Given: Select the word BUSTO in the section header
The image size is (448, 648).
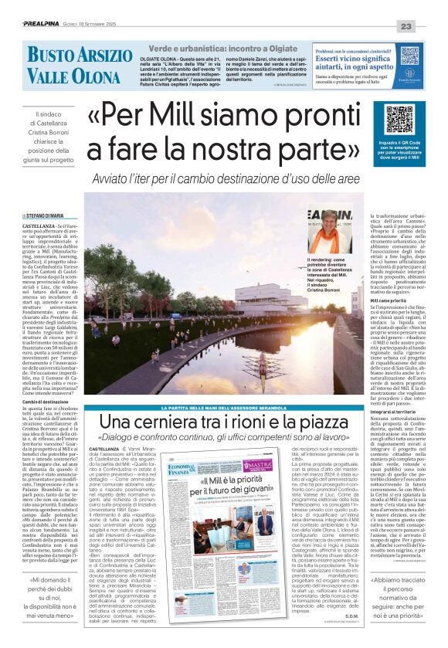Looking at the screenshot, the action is (53, 56).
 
